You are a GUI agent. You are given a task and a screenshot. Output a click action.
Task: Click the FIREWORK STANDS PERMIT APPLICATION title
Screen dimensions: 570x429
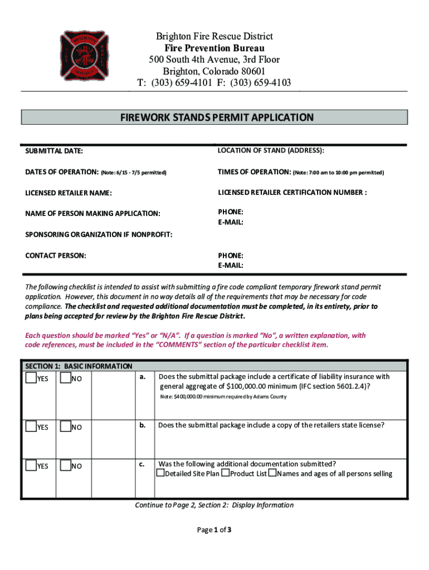tap(217, 117)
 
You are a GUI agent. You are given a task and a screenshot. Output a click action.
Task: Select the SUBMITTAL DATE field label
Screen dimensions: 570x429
tap(54, 151)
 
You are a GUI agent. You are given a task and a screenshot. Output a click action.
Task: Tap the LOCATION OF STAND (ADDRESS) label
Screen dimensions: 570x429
tap(271, 150)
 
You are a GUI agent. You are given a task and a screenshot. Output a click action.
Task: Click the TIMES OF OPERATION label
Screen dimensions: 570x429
tap(254, 173)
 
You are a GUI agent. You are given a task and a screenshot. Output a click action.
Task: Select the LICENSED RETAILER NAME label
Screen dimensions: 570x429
tap(69, 193)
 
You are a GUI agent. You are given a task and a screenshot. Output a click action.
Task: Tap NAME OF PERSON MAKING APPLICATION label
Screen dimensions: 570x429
tap(93, 214)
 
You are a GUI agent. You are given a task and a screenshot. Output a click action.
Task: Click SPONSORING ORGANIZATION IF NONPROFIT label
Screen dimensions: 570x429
tap(99, 235)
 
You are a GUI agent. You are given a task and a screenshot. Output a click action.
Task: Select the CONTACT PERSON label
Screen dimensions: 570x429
tap(56, 255)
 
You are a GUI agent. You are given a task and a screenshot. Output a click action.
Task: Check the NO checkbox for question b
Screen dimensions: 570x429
tap(65, 427)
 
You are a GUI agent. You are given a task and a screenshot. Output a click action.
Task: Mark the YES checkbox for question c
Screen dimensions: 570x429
tap(31, 465)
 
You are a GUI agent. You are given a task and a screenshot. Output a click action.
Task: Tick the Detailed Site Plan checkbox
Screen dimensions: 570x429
tap(161, 474)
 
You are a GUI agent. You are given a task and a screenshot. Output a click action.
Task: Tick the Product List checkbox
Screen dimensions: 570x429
tap(226, 474)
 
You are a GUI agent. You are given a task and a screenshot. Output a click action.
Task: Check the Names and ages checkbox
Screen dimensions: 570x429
tap(272, 474)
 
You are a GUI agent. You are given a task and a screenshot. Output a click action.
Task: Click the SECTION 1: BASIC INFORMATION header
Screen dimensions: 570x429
tap(79, 366)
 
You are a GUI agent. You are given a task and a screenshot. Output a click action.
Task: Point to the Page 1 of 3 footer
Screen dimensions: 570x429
tap(214, 530)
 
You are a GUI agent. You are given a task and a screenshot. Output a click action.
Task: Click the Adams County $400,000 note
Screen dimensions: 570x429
tap(223, 397)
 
